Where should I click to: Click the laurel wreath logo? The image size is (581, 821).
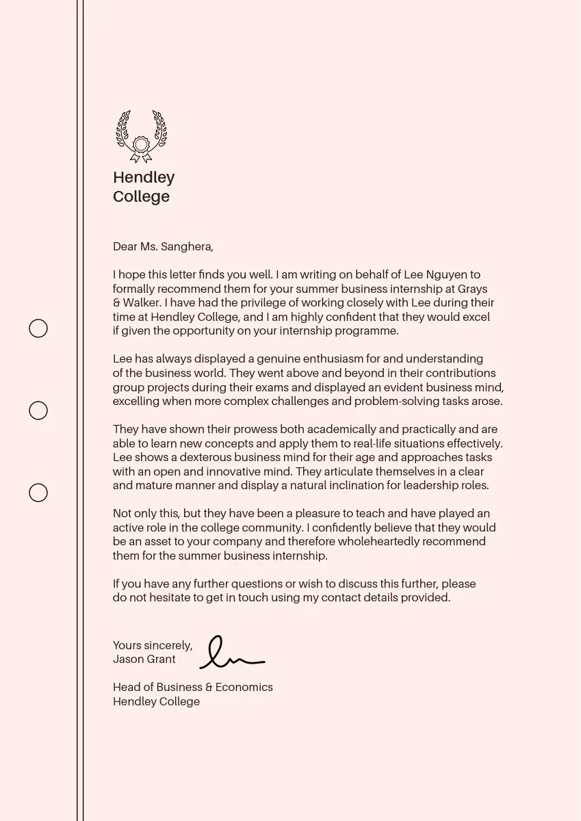pos(141,136)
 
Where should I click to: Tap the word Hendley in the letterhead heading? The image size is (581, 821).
pos(144,177)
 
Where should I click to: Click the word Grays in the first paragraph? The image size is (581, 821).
pos(472,289)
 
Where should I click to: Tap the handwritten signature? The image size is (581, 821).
pos(230,653)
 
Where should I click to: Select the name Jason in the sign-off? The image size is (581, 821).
pos(127,660)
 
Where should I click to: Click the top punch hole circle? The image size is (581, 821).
pos(38,328)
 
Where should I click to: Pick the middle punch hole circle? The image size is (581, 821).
pos(38,410)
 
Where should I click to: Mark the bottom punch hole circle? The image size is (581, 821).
pos(38,493)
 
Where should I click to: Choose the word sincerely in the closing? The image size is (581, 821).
pos(168,646)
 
